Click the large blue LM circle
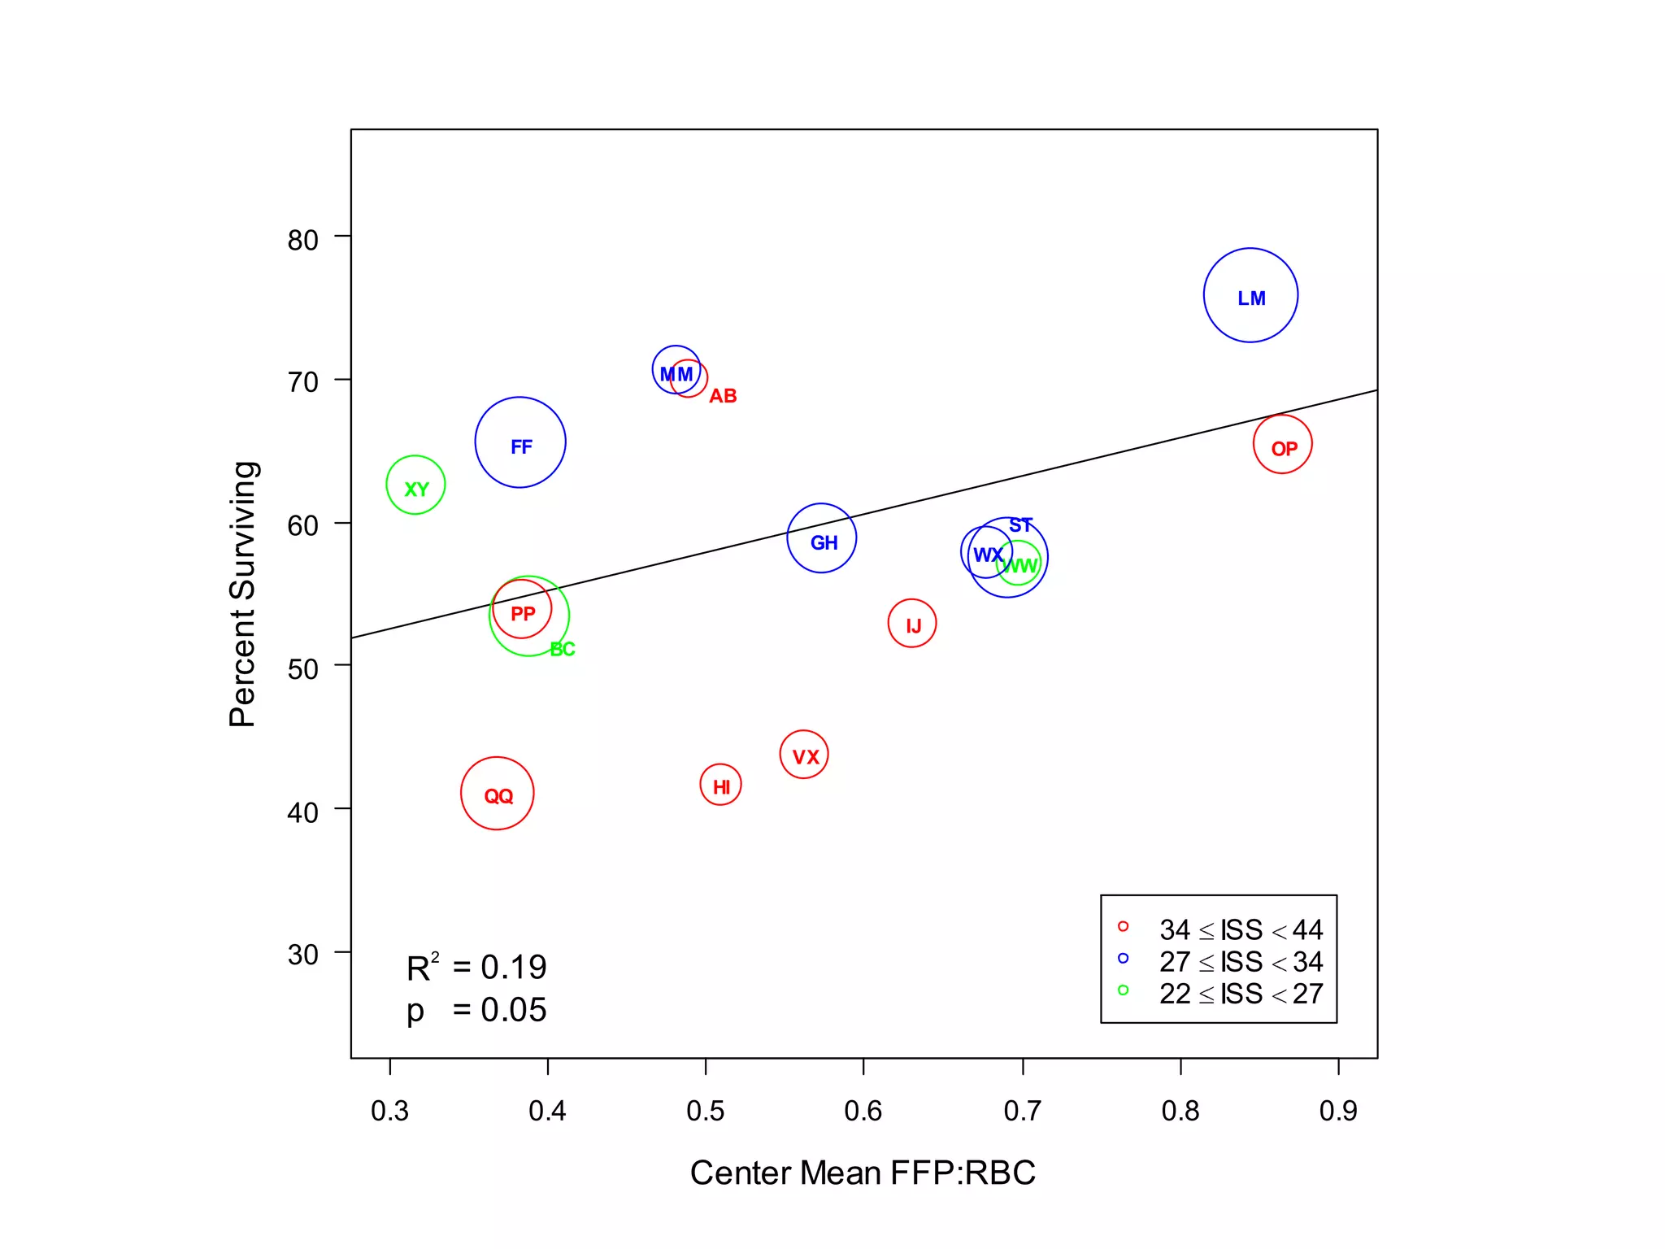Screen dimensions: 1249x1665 click(1250, 295)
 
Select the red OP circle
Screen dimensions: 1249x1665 click(1282, 444)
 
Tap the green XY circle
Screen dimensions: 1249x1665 click(415, 485)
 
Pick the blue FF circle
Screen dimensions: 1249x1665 click(520, 442)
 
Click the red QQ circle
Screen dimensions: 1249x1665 click(498, 794)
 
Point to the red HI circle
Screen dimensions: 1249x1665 click(720, 785)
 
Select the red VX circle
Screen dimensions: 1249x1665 click(804, 755)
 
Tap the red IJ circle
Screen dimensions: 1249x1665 click(912, 624)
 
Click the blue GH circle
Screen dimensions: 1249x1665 click(822, 538)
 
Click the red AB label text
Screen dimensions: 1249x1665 click(723, 396)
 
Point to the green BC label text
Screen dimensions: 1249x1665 click(563, 649)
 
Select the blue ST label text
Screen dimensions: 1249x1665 click(1020, 525)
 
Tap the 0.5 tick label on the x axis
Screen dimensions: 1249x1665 click(705, 1111)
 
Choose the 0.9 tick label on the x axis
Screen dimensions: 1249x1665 click(1338, 1111)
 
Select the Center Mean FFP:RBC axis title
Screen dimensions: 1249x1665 click(863, 1173)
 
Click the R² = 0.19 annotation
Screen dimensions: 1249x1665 click(477, 968)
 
